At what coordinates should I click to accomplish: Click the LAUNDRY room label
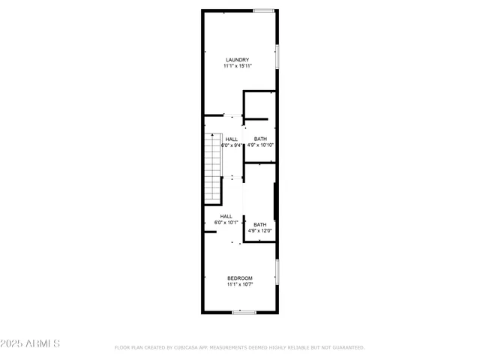coord(238,60)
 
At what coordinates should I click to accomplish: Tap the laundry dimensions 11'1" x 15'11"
coord(238,66)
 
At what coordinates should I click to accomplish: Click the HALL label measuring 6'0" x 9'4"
coord(232,139)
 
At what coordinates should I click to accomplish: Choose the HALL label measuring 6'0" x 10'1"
coord(226,217)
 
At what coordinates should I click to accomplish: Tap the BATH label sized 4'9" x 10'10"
coord(260,139)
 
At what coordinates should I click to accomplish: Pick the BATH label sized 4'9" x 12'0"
coord(259,225)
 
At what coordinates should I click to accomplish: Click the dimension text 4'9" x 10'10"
coord(260,145)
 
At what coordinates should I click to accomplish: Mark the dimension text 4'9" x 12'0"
coord(259,231)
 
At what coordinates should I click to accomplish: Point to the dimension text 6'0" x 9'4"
coord(232,145)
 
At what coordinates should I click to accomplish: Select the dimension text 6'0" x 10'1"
coord(226,223)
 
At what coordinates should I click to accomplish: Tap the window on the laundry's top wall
coord(263,10)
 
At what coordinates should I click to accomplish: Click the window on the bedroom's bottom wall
coord(244,312)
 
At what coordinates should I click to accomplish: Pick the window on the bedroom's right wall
coord(277,271)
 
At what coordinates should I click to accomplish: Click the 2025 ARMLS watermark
coord(31,343)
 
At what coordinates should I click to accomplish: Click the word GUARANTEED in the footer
coord(346,347)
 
